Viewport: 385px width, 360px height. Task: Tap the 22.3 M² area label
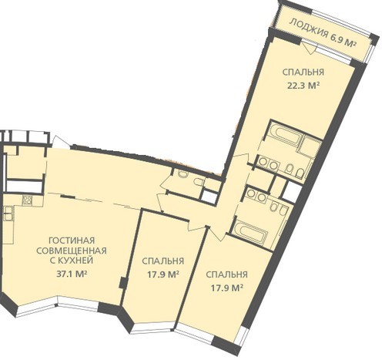click(x=303, y=86)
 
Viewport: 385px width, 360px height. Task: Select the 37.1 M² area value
click(x=72, y=274)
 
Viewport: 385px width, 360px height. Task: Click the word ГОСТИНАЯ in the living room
click(x=72, y=241)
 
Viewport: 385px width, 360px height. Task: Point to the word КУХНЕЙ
click(x=72, y=261)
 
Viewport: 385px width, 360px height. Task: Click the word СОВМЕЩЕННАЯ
click(x=72, y=251)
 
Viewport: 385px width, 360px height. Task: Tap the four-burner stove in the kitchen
click(x=27, y=200)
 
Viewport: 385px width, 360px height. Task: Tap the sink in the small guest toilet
click(x=198, y=182)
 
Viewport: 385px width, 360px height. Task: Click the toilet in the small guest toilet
click(x=182, y=173)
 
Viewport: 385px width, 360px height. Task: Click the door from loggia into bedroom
click(x=309, y=47)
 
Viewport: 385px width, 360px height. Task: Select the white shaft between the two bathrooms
click(x=293, y=190)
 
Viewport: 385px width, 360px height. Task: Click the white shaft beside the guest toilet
click(x=209, y=197)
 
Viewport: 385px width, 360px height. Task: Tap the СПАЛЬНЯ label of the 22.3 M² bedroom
click(x=303, y=72)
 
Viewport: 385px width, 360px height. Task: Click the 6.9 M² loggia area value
click(x=343, y=40)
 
